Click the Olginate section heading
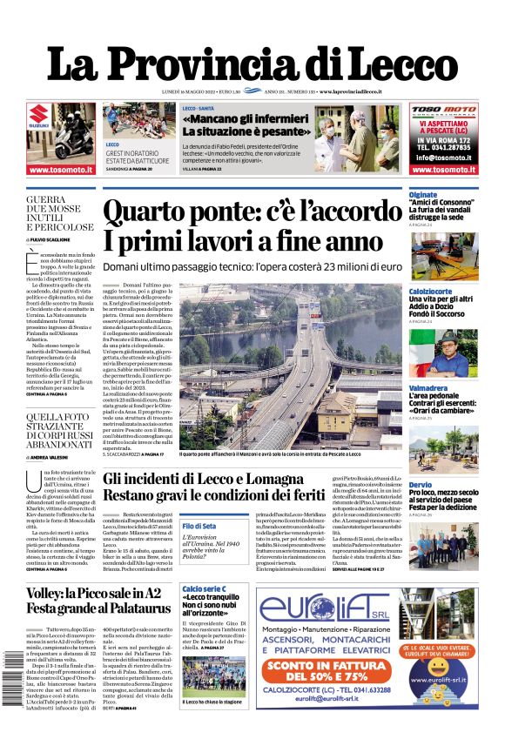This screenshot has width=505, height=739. point(423,195)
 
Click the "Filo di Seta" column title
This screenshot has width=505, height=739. point(199,526)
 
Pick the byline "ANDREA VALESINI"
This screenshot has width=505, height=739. point(53,456)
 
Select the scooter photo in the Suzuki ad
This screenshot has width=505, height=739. point(73,138)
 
